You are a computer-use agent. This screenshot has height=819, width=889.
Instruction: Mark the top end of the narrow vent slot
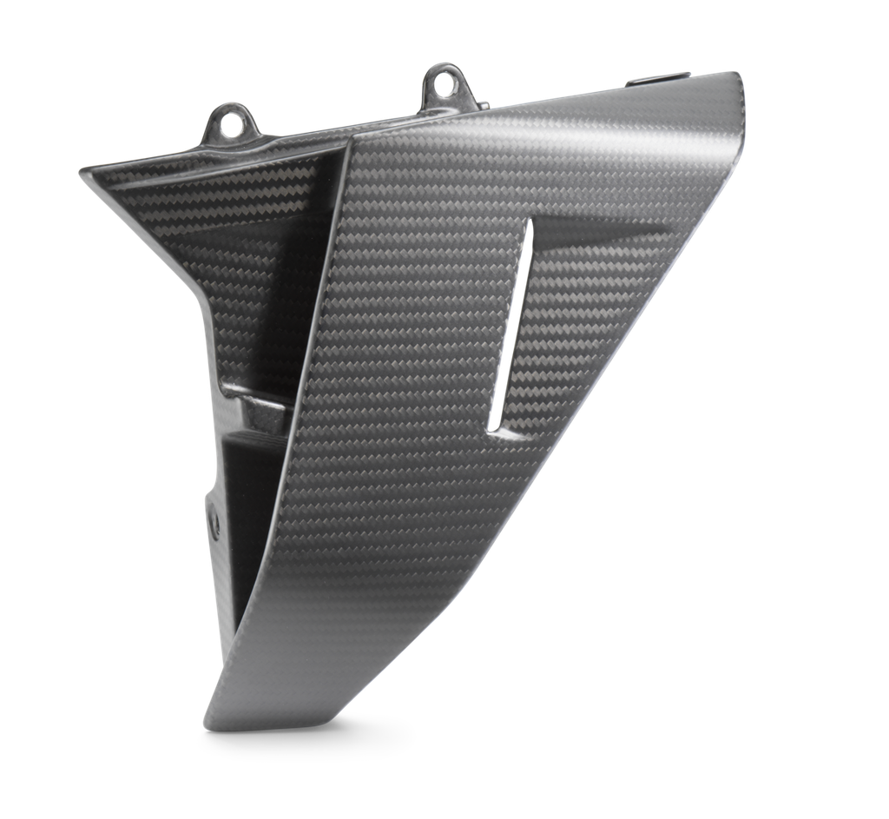(x=525, y=223)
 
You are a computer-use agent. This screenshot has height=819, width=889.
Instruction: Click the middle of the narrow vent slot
(x=510, y=326)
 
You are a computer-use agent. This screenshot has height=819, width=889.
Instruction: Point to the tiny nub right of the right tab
(x=479, y=101)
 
